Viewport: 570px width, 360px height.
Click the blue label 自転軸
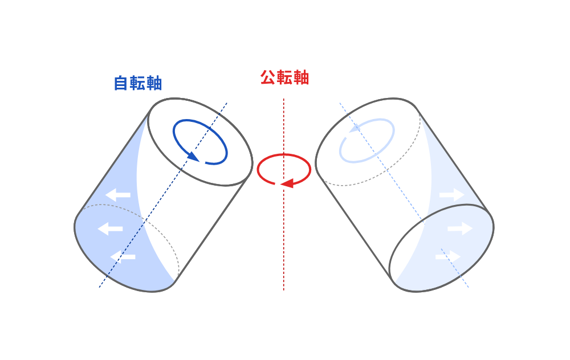pos(138,83)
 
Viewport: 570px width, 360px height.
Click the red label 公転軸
pos(284,77)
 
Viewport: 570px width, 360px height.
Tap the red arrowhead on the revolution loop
pos(287,183)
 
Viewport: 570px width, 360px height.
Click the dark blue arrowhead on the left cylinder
pos(193,157)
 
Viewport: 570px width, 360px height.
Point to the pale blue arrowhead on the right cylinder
pos(355,128)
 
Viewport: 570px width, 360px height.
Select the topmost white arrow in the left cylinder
pos(118,195)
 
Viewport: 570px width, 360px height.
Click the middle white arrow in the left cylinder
pos(110,229)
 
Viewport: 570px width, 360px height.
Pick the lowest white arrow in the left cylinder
pos(123,257)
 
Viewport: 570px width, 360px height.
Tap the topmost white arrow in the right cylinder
pos(452,195)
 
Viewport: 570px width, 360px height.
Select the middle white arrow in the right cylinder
pos(460,228)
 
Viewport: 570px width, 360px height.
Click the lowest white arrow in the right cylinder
pos(448,257)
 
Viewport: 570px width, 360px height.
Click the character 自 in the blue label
pos(121,83)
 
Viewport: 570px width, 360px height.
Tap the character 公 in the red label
pos(267,77)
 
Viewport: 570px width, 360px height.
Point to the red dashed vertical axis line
pos(283,194)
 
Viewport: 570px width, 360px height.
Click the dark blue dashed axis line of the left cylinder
pos(163,195)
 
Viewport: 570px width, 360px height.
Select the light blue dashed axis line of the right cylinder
pos(404,195)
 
